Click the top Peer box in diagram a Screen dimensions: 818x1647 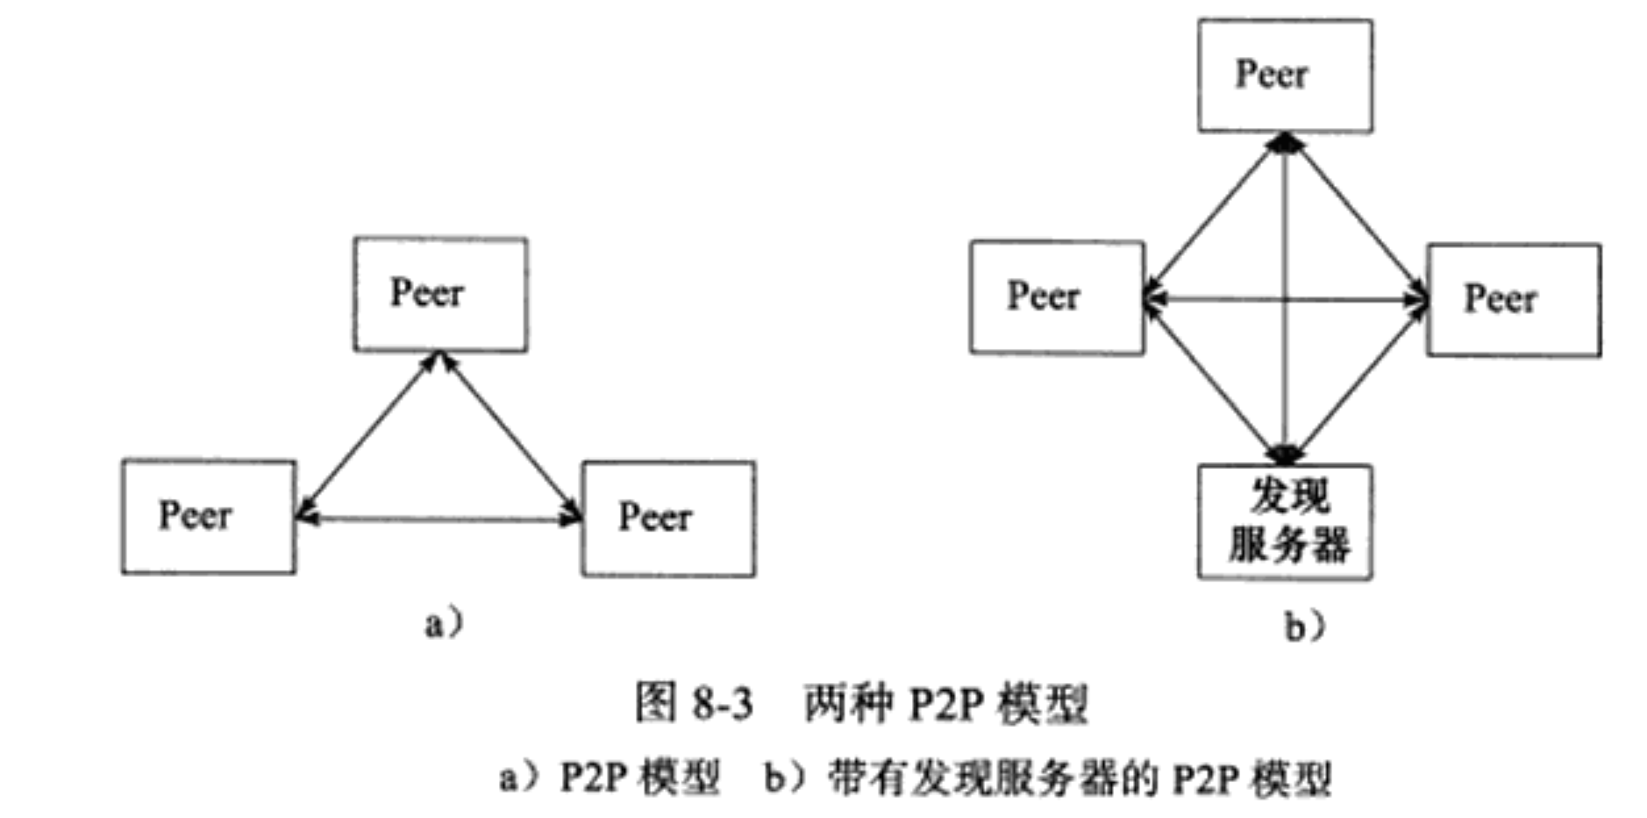440,295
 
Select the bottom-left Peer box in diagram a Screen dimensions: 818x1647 209,516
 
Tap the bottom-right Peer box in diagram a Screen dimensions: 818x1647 668,518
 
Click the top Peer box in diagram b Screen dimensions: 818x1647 1285,76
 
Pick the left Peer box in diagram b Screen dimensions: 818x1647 1057,297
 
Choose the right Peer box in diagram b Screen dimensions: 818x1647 1513,300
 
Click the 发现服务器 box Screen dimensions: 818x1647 1285,522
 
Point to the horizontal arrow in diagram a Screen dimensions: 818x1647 438,519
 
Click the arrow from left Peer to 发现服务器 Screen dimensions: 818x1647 1215,377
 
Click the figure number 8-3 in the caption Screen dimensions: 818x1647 722,704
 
